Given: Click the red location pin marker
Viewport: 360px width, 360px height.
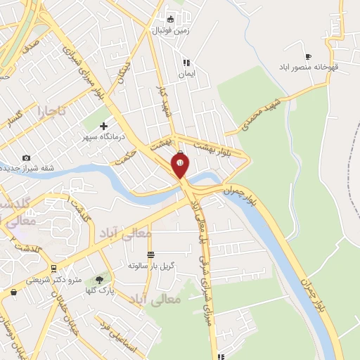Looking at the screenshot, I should pos(180,166).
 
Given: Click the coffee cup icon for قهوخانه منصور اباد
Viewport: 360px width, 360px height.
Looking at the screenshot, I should pos(308,56).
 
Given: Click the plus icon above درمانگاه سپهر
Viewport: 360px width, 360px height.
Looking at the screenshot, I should pos(104,125).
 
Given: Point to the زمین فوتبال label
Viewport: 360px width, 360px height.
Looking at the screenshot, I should pos(169,30).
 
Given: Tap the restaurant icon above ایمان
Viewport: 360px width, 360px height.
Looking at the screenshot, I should pos(186,62).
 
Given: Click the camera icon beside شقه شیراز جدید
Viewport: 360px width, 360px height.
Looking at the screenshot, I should pos(26,157).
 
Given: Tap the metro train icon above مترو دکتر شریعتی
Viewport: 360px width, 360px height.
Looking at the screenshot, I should pos(53,269).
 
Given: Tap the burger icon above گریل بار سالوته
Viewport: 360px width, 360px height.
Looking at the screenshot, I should pos(150,255).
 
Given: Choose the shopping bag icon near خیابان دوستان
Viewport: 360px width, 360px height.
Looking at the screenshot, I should pos(13,292).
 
